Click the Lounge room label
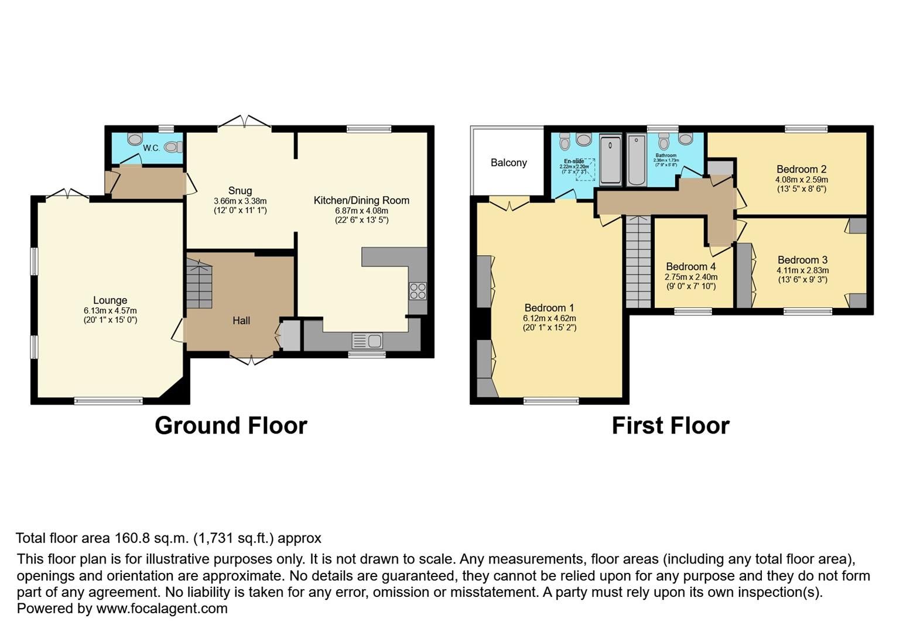110,301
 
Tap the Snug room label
240,191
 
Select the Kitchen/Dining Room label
361,201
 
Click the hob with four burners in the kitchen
418,291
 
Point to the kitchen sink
367,340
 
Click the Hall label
241,321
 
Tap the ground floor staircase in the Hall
199,284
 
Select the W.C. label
151,148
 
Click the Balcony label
508,163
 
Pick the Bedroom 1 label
549,308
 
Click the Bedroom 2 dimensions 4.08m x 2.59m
801,180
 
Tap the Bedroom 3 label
802,260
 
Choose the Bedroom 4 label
691,267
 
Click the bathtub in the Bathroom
636,160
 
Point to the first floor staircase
638,262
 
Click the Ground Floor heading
231,425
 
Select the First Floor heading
671,425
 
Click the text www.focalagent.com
162,609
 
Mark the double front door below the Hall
251,359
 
